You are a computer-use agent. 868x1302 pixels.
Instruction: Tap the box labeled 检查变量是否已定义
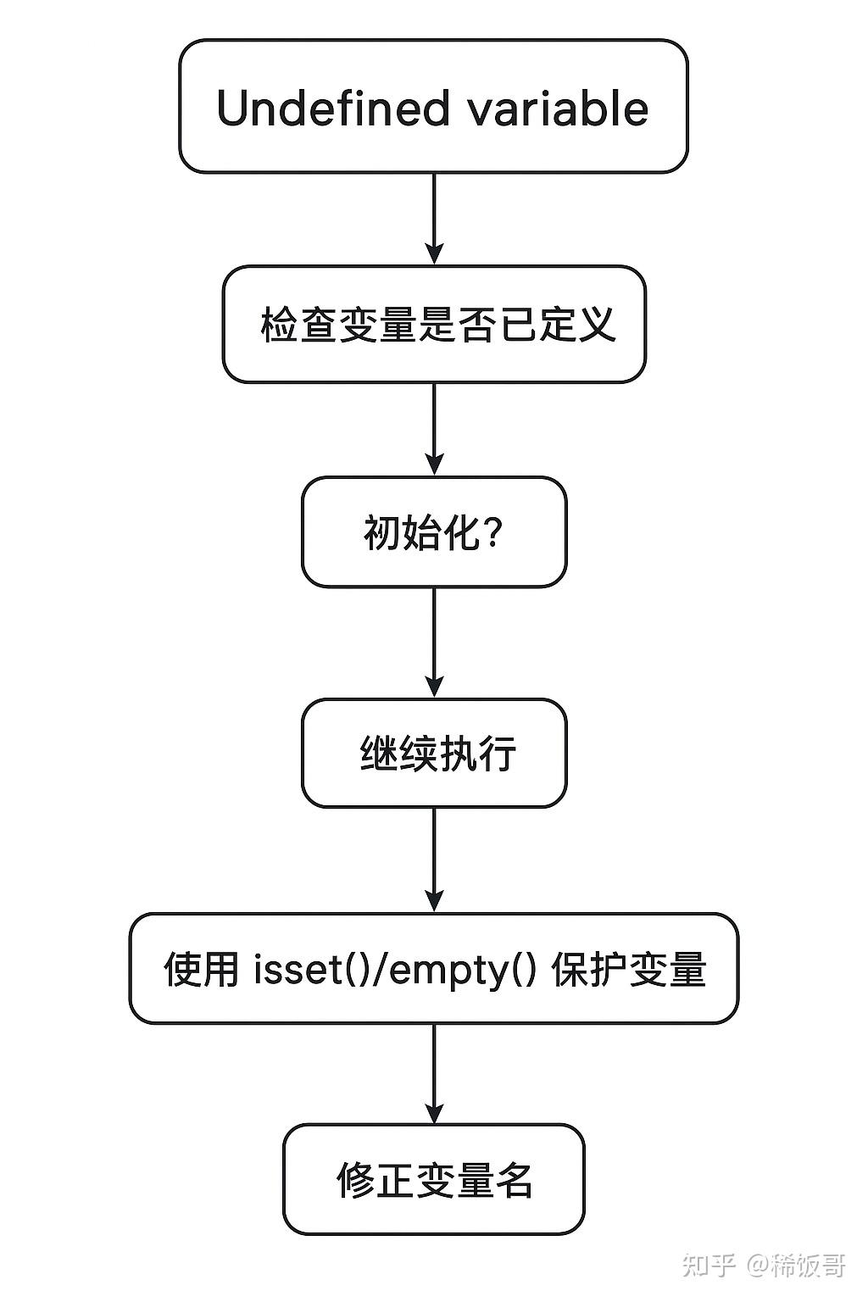pyautogui.click(x=434, y=325)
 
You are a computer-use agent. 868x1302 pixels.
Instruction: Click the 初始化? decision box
pyautogui.click(x=434, y=532)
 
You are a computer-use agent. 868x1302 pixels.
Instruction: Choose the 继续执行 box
pyautogui.click(x=434, y=753)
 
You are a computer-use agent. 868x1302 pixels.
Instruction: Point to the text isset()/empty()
pyautogui.click(x=395, y=969)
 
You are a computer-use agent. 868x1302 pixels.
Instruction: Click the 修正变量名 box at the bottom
pyautogui.click(x=434, y=1179)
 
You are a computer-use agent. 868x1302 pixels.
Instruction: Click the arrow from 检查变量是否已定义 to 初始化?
pyautogui.click(x=434, y=428)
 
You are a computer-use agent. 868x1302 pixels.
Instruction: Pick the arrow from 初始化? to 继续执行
pyautogui.click(x=434, y=643)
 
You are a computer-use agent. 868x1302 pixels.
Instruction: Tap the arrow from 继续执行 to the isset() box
pyautogui.click(x=434, y=859)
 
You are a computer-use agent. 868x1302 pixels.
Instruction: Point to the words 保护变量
pyautogui.click(x=629, y=969)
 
